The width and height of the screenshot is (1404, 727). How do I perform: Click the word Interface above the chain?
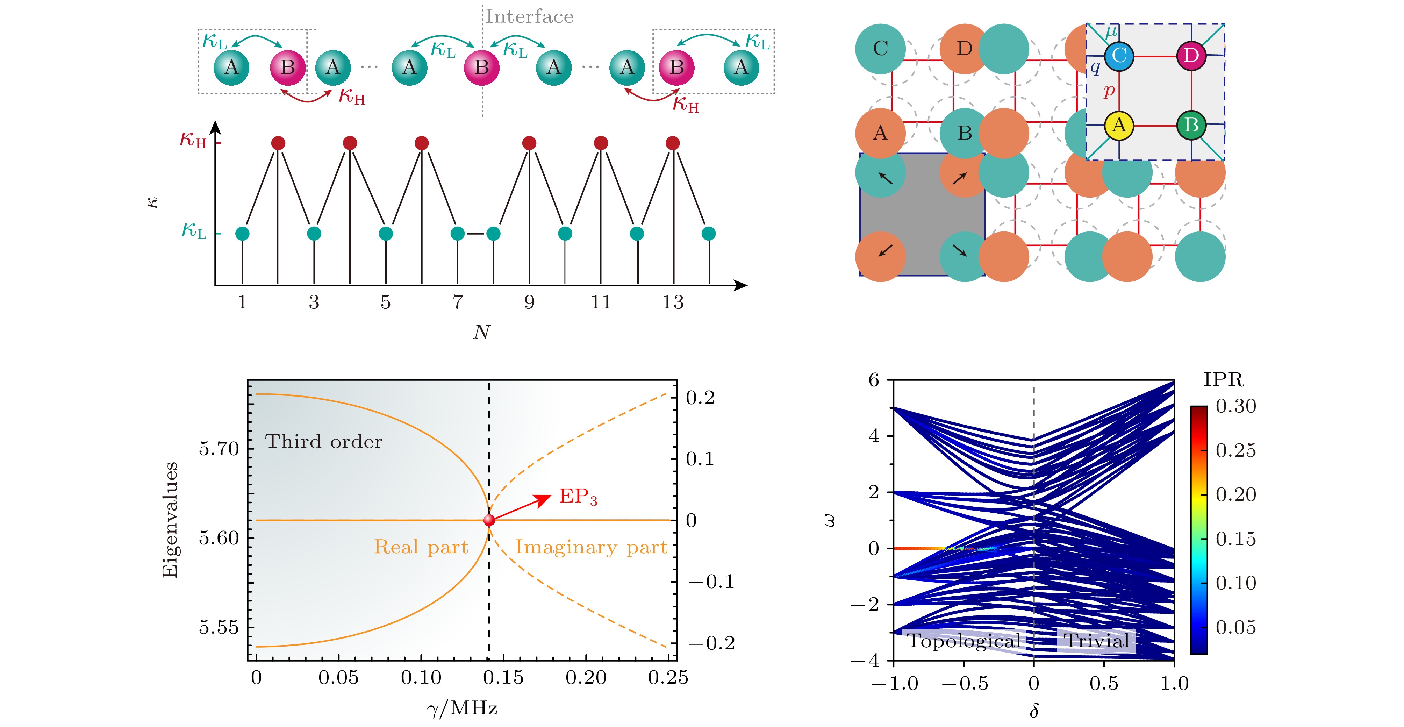tap(529, 16)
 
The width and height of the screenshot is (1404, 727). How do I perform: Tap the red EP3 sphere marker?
tap(489, 520)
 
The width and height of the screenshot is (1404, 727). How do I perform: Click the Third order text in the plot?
tap(324, 441)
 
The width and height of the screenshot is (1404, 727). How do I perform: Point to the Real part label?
tap(421, 547)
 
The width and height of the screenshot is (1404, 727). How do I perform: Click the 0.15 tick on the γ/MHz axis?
tap(503, 677)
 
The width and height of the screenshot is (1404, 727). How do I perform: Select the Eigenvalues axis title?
tap(170, 519)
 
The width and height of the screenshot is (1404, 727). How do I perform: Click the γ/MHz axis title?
tap(462, 708)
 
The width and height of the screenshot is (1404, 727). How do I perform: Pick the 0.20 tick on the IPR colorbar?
tap(1235, 494)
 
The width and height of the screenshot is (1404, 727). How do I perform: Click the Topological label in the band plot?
tap(963, 640)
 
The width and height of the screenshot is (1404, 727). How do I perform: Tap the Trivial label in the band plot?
tap(1097, 640)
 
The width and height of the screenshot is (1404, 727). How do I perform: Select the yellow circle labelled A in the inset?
tap(1119, 125)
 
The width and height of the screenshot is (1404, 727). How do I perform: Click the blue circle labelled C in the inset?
tap(1119, 56)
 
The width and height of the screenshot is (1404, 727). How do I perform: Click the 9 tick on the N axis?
tap(529, 302)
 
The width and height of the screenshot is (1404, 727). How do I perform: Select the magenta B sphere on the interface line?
tap(481, 67)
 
